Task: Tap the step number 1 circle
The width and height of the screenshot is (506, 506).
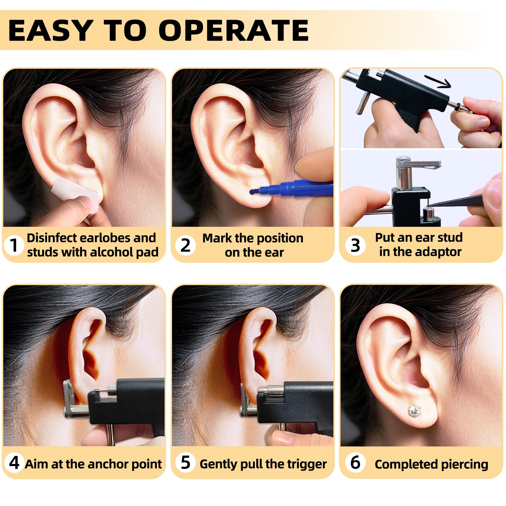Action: tap(14, 245)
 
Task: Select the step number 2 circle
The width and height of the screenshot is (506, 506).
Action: tap(185, 245)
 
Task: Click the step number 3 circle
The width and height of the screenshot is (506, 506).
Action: tap(355, 245)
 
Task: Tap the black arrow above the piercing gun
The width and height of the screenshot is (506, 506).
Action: tap(437, 81)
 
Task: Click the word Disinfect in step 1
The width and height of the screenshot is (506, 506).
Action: tap(51, 238)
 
